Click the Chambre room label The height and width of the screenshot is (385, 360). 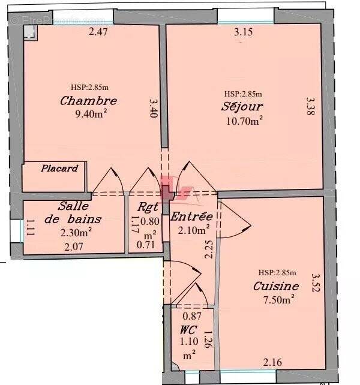coord(88,101)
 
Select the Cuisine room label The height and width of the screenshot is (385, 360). coord(276,286)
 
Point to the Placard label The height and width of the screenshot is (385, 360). coord(59,169)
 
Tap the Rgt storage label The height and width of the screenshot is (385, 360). coord(146,207)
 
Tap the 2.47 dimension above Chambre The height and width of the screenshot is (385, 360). coord(98,32)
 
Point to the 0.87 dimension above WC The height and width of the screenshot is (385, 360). coord(192,316)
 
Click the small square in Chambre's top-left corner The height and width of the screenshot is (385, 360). coord(29,33)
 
